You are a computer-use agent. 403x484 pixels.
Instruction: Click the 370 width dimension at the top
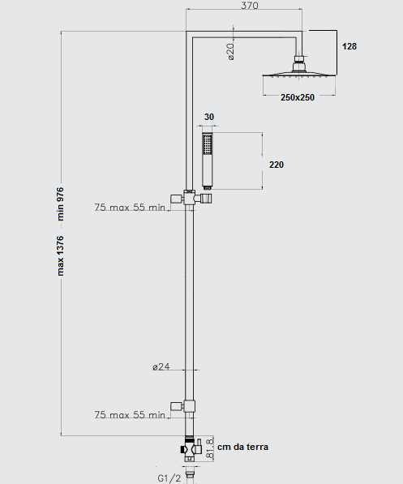250,5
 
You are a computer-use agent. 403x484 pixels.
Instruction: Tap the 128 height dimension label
349,46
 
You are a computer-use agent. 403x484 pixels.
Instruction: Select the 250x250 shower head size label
298,97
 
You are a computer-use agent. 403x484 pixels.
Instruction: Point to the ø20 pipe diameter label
230,52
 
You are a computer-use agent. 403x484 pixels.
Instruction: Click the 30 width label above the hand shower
209,117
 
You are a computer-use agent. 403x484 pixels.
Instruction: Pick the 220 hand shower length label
277,165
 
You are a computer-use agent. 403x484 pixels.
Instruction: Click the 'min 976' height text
60,203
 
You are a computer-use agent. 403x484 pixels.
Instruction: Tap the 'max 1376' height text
60,255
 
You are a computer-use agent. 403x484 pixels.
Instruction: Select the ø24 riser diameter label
161,366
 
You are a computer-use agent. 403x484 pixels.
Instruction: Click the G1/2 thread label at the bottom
169,478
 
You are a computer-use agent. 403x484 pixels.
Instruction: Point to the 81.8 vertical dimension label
210,448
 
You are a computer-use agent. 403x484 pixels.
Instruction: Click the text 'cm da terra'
242,447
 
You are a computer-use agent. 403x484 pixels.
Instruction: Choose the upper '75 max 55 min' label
130,207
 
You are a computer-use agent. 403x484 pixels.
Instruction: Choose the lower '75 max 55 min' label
130,414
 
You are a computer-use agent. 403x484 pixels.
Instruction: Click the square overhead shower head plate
299,75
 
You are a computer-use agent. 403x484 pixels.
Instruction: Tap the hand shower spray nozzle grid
207,143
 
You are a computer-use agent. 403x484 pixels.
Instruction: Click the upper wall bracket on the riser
191,198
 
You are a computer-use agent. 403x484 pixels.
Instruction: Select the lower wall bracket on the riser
182,406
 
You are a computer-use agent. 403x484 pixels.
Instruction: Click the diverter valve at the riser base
191,449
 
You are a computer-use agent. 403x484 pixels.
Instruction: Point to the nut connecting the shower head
299,58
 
